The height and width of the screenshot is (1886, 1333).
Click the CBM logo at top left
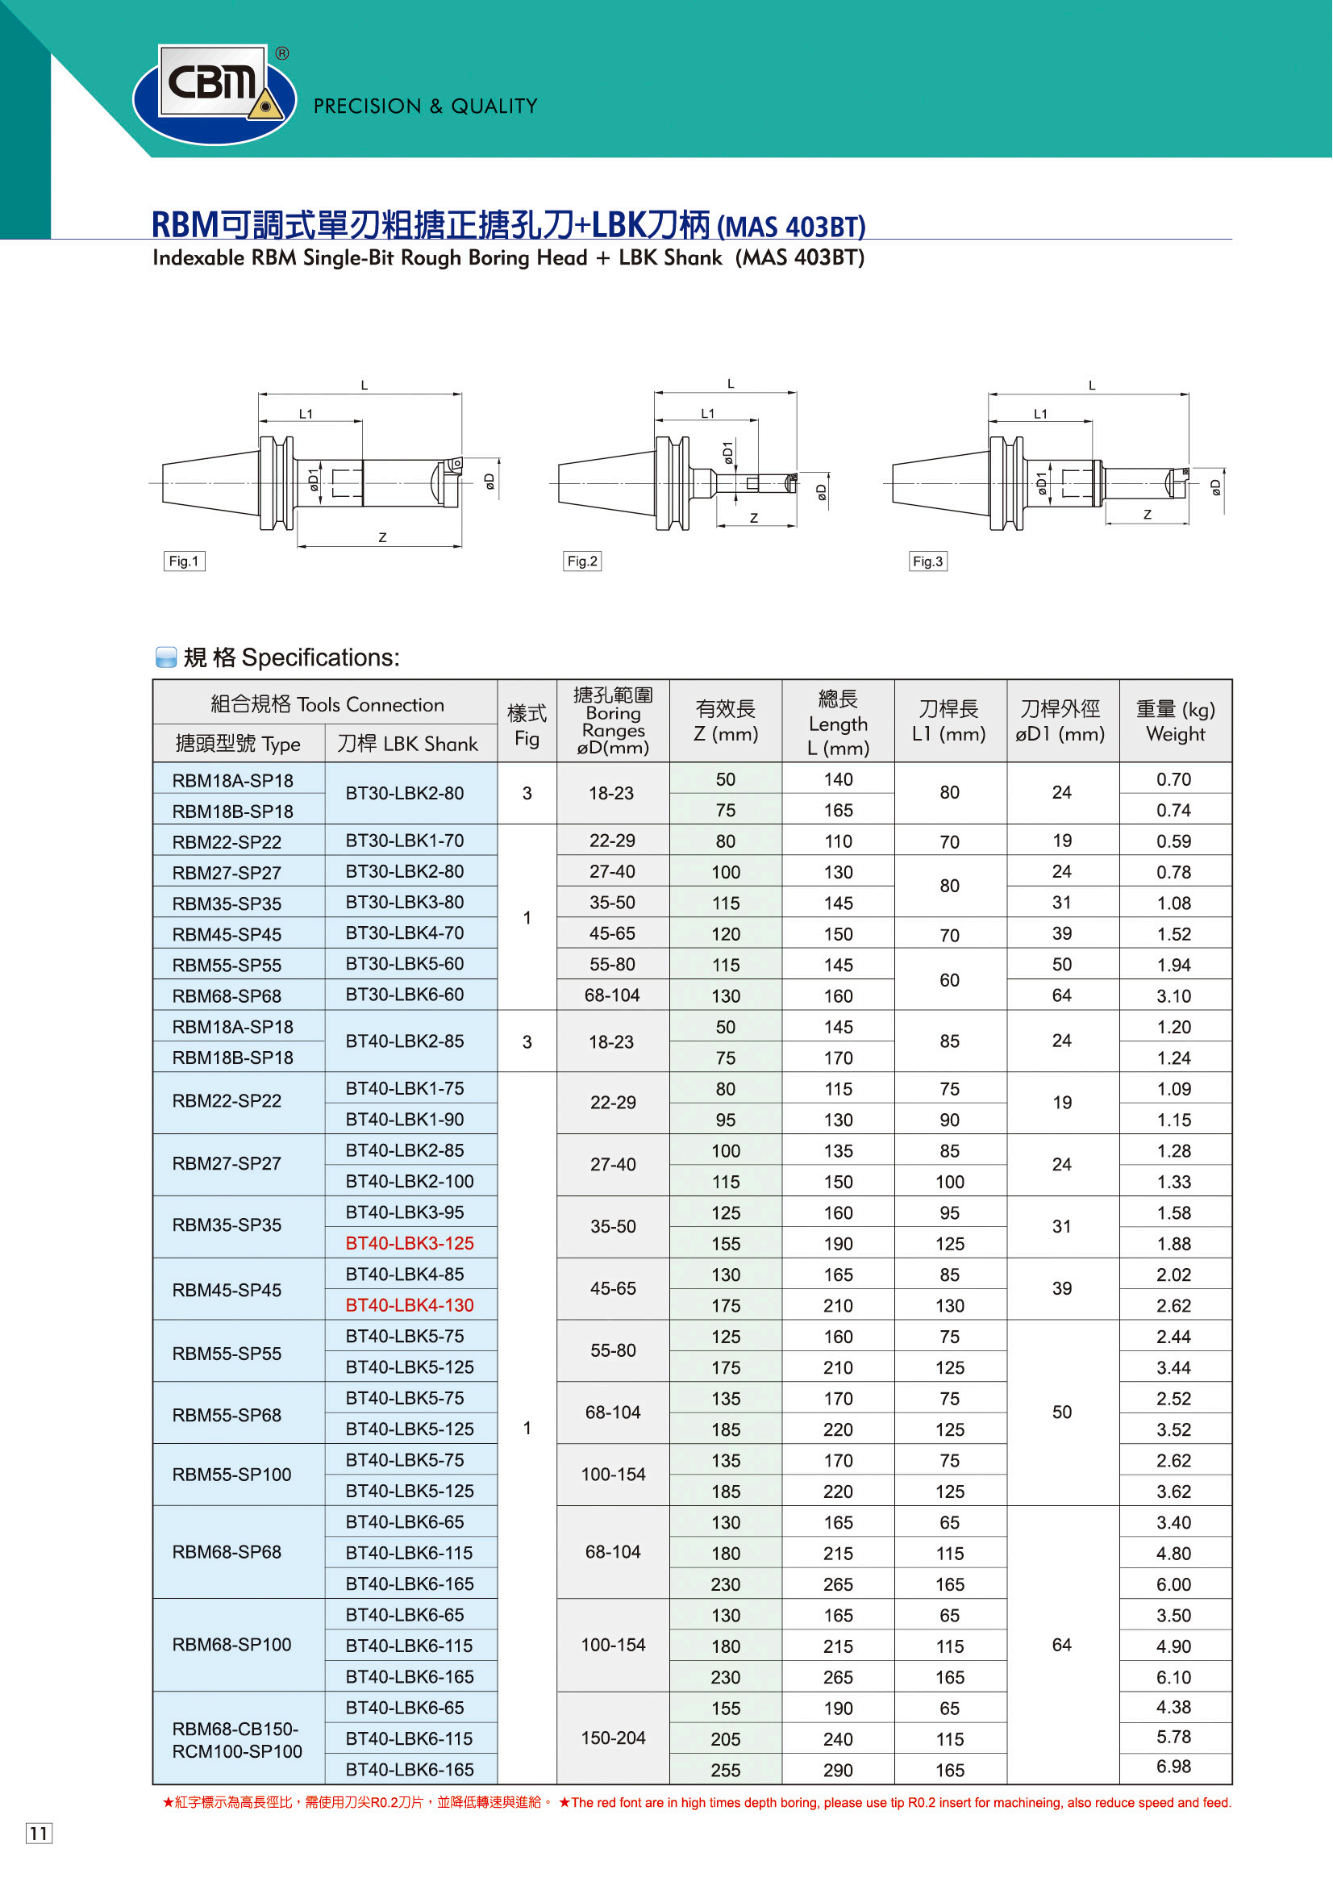point(215,94)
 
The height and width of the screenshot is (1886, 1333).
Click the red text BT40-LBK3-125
point(410,1243)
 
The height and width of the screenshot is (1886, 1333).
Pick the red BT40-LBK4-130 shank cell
point(410,1304)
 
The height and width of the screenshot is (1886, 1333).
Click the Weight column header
point(1175,721)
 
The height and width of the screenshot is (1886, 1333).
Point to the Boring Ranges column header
point(613,721)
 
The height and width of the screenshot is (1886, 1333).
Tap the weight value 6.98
point(1173,1766)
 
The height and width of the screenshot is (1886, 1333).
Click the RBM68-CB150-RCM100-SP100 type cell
point(237,1740)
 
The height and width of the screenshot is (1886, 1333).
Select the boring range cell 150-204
point(613,1738)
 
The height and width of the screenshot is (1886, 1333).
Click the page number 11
point(39,1834)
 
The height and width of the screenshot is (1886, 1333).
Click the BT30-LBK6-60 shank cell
point(405,994)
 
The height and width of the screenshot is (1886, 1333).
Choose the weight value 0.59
point(1173,841)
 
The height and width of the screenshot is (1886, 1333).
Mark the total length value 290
point(838,1770)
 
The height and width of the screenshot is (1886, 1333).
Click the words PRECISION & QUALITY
point(426,106)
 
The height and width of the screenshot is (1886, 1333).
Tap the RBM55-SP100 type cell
point(231,1475)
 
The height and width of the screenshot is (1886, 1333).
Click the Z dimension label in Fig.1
point(383,537)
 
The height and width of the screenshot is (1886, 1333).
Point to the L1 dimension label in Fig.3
point(1040,414)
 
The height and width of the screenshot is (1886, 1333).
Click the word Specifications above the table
point(320,657)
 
